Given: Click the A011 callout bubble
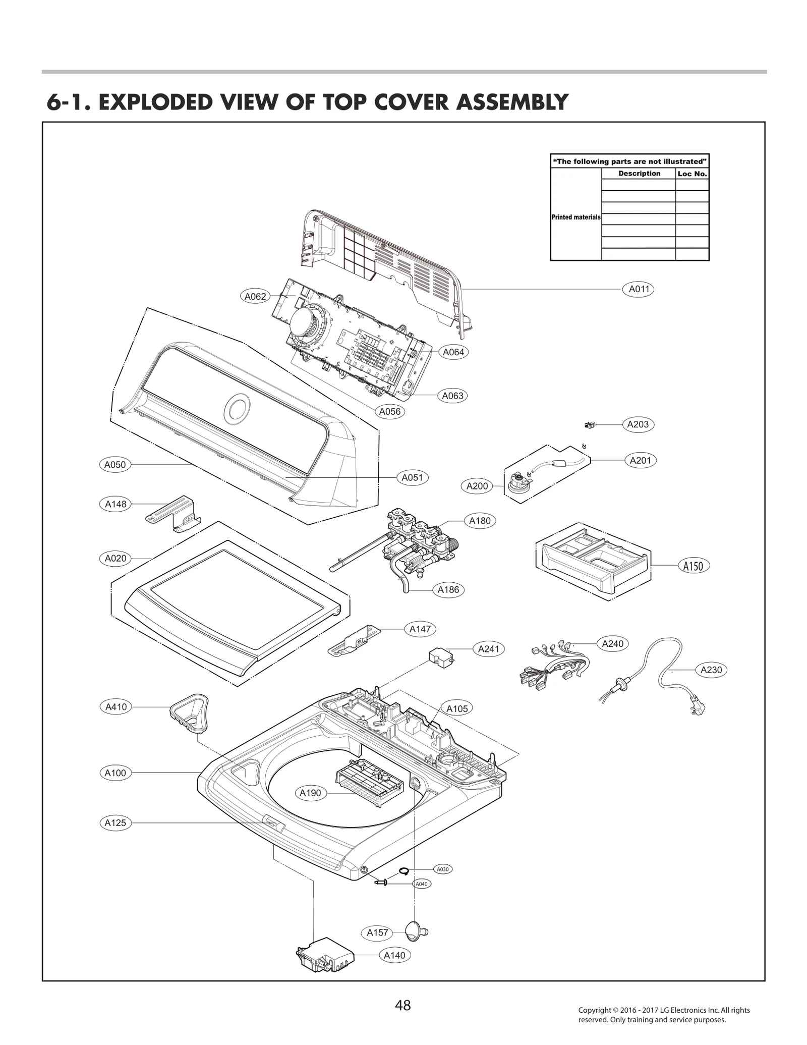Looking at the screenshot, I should point(638,289).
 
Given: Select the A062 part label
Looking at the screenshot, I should point(255,297).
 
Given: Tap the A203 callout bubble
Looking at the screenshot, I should point(638,424).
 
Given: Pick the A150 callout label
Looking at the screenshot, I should point(693,566).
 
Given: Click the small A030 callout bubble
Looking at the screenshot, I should point(442,869).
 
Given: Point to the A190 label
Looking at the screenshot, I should point(310,807).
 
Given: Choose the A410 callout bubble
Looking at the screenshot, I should point(116,707).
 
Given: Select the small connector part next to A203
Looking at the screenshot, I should point(589,425).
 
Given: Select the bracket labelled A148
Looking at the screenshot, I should point(174,513).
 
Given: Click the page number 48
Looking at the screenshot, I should point(403,1006).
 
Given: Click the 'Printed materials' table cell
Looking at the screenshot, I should point(576,217).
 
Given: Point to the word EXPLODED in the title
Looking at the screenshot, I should point(188,102).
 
